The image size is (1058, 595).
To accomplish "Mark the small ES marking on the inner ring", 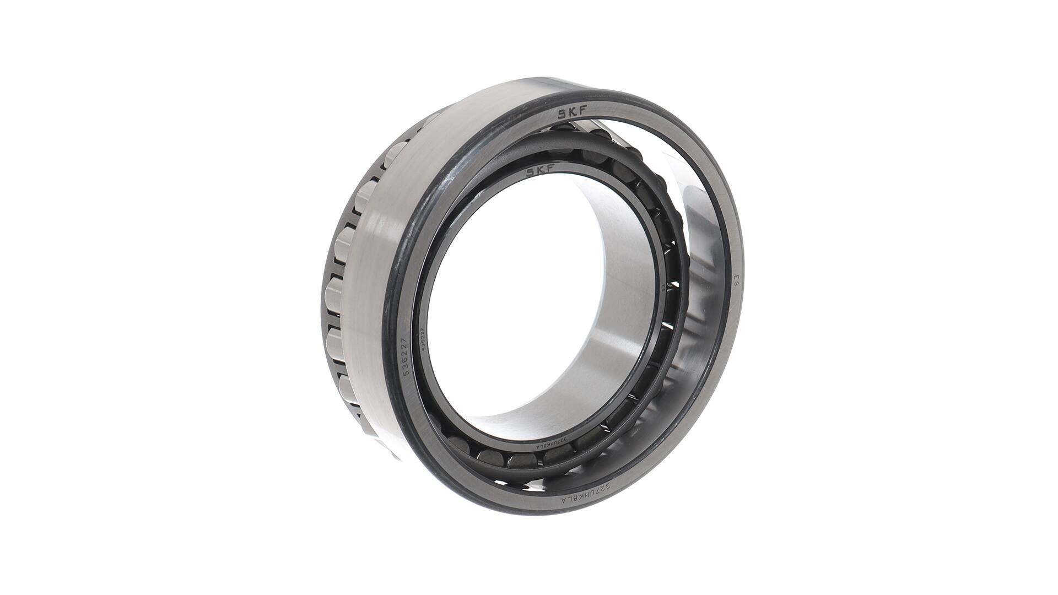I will [x=662, y=288].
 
